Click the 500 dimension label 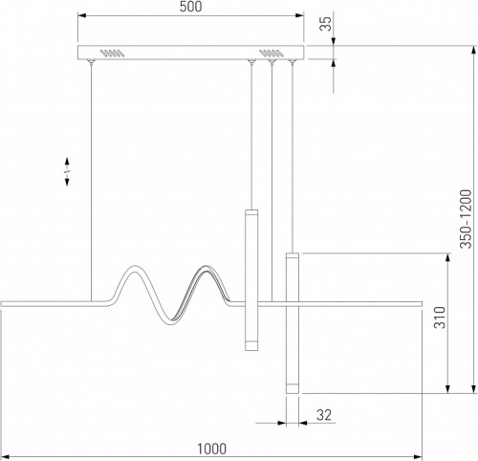coord(190,7)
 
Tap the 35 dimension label coord(326,24)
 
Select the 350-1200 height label coord(466,219)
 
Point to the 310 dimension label coord(440,318)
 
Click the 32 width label coord(324,415)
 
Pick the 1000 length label coord(211,449)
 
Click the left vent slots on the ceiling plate coord(112,54)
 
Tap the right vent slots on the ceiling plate coord(271,54)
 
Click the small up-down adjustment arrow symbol coord(67,171)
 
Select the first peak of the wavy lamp coord(134,266)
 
